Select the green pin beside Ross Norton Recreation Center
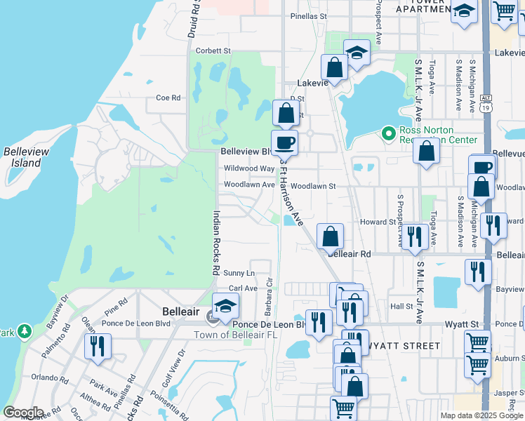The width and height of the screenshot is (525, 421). [x=387, y=132]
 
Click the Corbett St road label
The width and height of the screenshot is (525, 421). [x=213, y=51]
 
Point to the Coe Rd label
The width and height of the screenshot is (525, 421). [x=168, y=98]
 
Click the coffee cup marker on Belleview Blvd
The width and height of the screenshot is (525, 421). [x=284, y=142]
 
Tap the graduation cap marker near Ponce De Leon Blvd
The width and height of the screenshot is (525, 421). [x=225, y=307]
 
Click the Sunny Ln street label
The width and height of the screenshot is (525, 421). [x=239, y=272]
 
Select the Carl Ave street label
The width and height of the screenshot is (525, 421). [x=243, y=288]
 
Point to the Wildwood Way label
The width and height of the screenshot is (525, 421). [x=249, y=168]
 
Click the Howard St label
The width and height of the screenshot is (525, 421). [x=378, y=222]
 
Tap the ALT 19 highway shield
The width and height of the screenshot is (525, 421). [x=486, y=105]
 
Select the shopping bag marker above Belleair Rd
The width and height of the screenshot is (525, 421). [x=331, y=236]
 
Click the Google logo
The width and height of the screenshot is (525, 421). [x=23, y=413]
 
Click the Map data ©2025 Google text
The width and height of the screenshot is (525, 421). [x=481, y=415]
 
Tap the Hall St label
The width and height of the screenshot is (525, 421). [x=401, y=307]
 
